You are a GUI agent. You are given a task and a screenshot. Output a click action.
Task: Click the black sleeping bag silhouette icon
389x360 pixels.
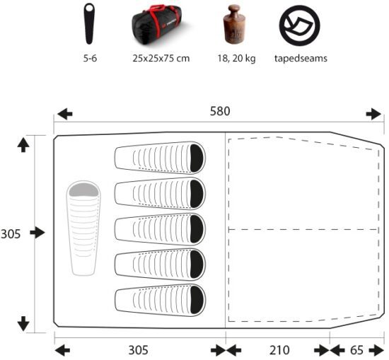(89, 23)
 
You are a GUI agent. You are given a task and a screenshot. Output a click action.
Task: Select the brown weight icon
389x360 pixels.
(234, 25)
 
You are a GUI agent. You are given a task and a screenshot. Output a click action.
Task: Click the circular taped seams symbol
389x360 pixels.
(299, 25)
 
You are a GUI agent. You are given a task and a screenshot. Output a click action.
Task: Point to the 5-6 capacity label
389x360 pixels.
(90, 59)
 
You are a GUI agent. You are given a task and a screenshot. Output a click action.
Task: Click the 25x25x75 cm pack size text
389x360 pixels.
(161, 59)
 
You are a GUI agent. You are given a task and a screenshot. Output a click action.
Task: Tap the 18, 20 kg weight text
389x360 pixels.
(236, 59)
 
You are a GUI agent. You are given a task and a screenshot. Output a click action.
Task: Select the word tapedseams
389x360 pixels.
(301, 59)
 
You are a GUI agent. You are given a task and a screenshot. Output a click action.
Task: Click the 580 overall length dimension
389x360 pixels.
(220, 112)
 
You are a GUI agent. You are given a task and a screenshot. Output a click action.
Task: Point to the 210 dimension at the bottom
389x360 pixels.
(279, 350)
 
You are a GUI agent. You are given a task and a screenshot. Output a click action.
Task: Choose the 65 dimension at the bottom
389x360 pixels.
(356, 350)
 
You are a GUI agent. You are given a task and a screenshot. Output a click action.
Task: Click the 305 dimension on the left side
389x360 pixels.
(11, 234)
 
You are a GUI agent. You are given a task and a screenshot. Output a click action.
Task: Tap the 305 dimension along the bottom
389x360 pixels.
(138, 350)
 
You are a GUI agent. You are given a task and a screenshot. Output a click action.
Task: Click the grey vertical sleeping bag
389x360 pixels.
(83, 228)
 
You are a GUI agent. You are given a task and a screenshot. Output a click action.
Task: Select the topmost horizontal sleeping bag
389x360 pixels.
(160, 158)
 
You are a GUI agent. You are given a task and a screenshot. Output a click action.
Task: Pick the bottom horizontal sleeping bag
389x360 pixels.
(160, 300)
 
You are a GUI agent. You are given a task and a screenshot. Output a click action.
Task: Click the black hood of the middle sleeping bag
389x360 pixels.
(197, 229)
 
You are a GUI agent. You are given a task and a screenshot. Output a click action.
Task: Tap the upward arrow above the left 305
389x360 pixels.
(23, 145)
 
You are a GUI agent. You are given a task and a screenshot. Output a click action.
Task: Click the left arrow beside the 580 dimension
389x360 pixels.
(65, 114)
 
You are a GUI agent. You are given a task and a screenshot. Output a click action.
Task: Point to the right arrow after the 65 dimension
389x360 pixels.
(376, 351)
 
